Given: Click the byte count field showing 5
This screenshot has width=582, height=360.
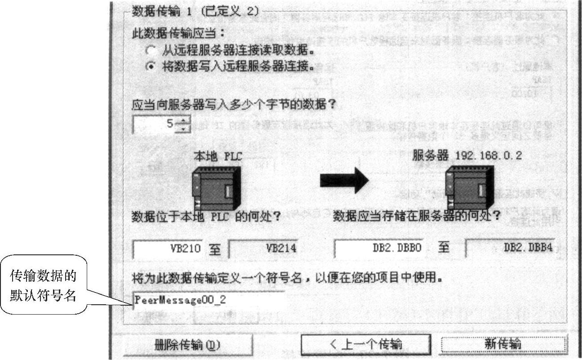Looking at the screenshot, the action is click(155, 124).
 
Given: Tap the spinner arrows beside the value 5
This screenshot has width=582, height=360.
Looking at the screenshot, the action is click(183, 124).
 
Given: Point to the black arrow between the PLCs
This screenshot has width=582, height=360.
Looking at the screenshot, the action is click(344, 181).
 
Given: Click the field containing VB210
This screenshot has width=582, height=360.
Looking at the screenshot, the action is click(168, 248).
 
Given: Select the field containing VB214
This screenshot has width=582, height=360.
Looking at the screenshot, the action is click(264, 248).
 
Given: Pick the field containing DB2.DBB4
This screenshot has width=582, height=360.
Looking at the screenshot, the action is click(511, 248).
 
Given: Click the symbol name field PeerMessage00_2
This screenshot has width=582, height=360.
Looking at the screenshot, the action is click(209, 300).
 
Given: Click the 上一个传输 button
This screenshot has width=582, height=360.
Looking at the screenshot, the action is click(365, 344).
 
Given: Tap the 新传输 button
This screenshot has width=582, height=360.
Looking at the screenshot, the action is click(503, 344).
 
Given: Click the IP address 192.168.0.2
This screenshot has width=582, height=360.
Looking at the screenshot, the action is click(489, 156).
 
